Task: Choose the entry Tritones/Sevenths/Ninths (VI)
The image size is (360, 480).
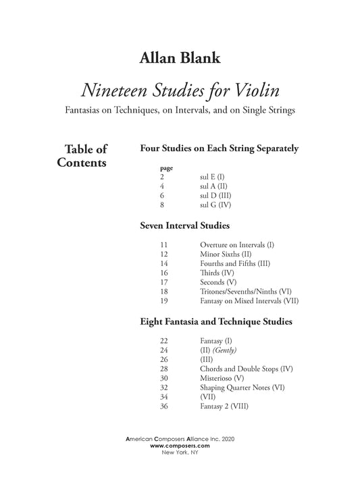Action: click(x=246, y=291)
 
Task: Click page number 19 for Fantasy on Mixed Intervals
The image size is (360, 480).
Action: click(x=165, y=300)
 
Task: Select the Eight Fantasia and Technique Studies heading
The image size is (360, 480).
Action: click(x=215, y=323)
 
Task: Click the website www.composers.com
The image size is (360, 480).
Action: click(x=179, y=446)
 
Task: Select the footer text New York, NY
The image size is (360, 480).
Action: click(x=179, y=452)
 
